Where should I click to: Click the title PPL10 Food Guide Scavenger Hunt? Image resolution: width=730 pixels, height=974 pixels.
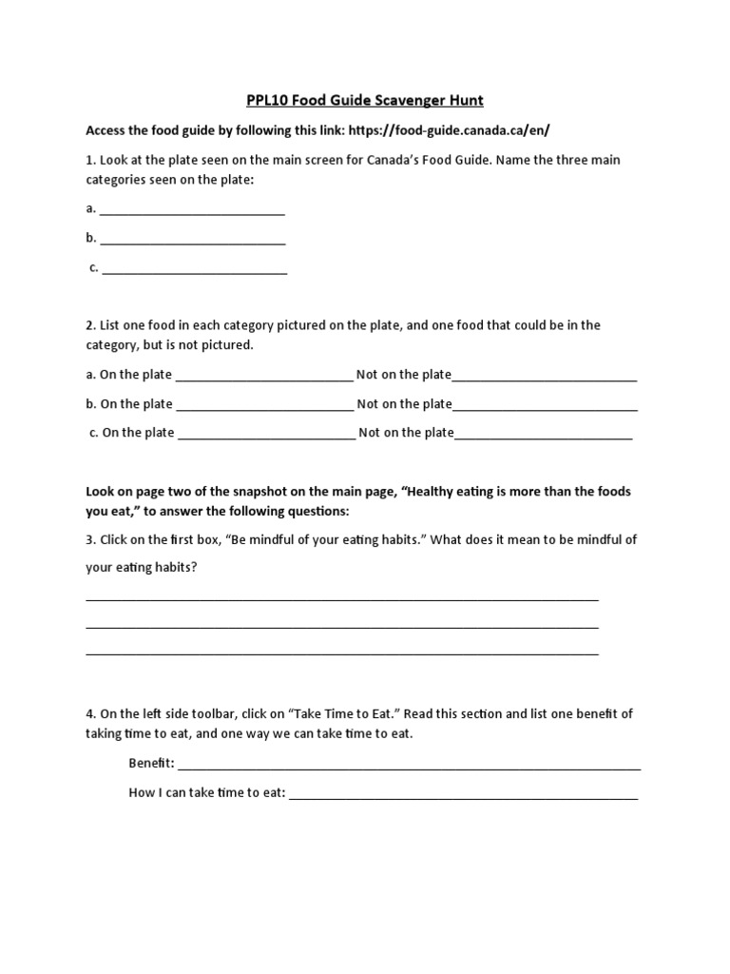coord(366,100)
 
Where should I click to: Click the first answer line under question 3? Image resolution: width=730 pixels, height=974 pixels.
coord(342,598)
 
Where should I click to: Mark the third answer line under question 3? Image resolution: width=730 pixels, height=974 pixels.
coord(342,653)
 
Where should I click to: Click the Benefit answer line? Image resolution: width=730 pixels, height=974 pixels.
coord(409,767)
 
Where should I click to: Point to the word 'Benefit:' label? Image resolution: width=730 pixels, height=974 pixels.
coord(151,764)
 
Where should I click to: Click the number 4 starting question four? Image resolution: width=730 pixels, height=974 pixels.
coord(89,713)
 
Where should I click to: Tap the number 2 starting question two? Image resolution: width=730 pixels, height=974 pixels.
coord(89,325)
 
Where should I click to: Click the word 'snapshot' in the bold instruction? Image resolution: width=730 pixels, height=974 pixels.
coord(244,492)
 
